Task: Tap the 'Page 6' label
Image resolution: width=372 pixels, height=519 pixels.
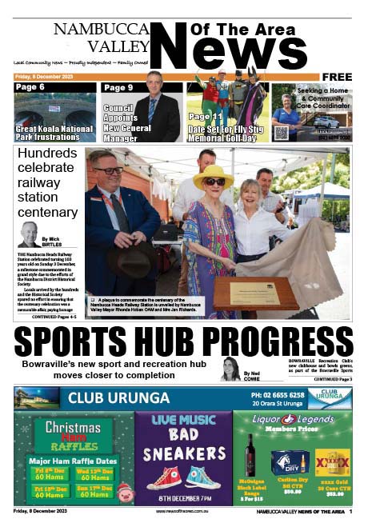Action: [30, 87]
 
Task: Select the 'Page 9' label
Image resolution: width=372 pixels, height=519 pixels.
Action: [118, 87]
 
